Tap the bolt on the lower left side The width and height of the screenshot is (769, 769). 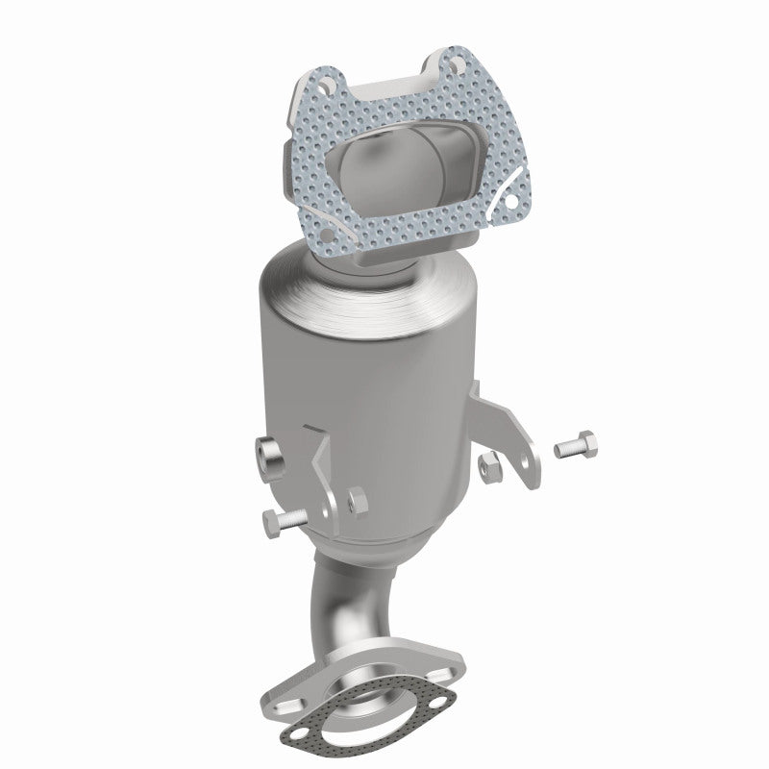click(280, 522)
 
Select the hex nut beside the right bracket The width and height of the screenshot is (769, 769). click(487, 466)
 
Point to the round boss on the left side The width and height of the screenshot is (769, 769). click(268, 454)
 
